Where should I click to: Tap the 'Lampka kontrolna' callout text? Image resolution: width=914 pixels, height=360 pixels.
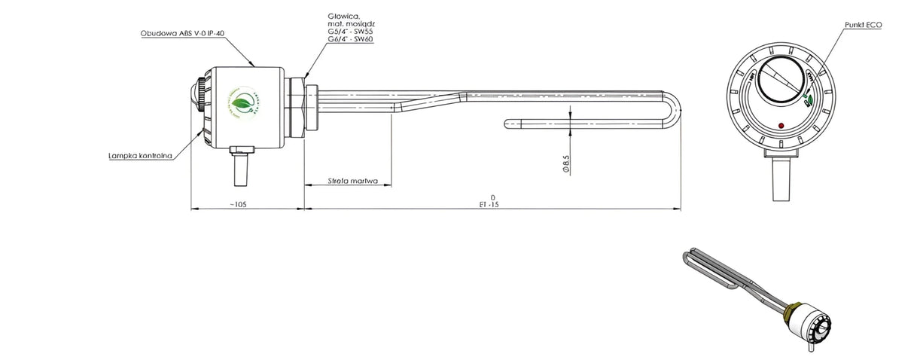141,156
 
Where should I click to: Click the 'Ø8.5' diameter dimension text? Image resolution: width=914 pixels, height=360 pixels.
565,164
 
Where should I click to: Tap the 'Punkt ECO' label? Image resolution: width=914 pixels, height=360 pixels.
862,25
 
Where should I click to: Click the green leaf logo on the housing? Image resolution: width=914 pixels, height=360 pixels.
241,103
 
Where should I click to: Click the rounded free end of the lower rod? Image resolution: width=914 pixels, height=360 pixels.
507,122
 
